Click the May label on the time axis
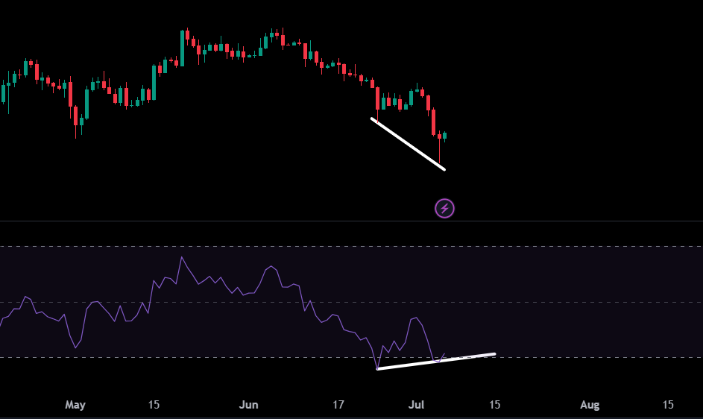point(75,405)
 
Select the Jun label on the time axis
point(248,405)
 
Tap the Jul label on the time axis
point(416,405)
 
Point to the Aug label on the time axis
point(590,405)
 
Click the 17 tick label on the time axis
point(338,405)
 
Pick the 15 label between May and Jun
point(154,405)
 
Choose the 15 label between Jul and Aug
point(494,405)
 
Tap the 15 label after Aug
point(668,405)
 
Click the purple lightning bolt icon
point(445,209)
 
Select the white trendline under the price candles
point(408,144)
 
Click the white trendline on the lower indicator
point(436,362)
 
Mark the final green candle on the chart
point(445,136)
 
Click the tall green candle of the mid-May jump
point(183,48)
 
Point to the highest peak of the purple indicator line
point(182,257)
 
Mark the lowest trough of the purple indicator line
point(377,368)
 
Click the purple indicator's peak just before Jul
point(417,318)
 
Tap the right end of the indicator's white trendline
point(495,354)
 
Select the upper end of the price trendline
point(372,119)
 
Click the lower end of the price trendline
point(444,169)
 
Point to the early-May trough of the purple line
point(75,347)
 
